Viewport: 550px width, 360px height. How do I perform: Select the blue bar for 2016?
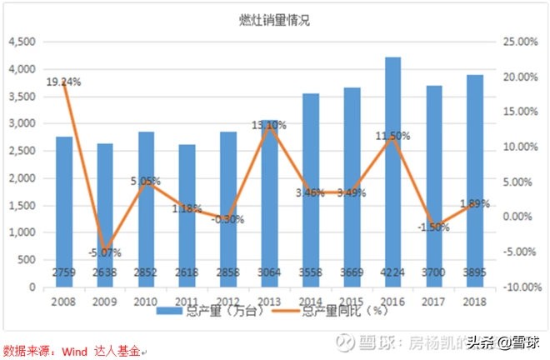(392, 167)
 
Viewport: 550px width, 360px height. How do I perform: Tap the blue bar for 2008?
(64, 208)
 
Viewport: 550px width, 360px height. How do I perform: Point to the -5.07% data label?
(106, 252)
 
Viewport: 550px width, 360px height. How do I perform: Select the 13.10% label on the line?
(269, 125)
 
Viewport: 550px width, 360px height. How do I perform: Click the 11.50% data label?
(392, 136)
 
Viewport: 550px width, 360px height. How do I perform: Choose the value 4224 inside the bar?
(392, 272)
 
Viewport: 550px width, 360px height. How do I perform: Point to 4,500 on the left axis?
(22, 42)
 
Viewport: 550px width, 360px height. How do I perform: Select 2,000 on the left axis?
(22, 178)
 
